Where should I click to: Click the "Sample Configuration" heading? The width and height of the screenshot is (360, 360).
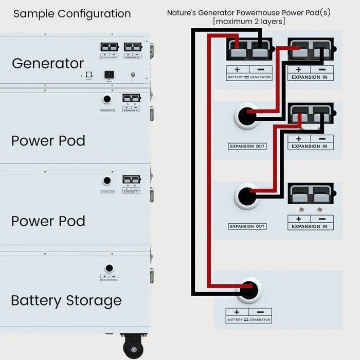(x=72, y=14)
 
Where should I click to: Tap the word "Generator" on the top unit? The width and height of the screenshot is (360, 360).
(x=48, y=63)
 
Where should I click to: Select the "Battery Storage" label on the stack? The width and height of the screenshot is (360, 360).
(x=66, y=300)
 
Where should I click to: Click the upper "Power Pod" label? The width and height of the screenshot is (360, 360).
(x=48, y=140)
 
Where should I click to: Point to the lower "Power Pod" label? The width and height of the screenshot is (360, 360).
(x=48, y=221)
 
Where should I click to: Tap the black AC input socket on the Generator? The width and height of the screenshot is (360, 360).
(x=109, y=74)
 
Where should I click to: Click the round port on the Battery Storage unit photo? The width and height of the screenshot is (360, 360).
(x=109, y=268)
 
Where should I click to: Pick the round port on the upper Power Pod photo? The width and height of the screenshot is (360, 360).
(x=107, y=99)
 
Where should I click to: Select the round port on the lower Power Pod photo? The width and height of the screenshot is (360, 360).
(x=107, y=181)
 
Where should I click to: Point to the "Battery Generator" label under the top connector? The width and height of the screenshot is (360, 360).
(x=249, y=77)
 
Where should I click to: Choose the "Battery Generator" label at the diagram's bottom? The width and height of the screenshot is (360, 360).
(x=249, y=319)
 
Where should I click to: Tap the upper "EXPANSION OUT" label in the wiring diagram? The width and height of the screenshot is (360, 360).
(x=247, y=147)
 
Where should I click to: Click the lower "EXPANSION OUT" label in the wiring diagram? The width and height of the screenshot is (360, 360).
(x=247, y=227)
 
